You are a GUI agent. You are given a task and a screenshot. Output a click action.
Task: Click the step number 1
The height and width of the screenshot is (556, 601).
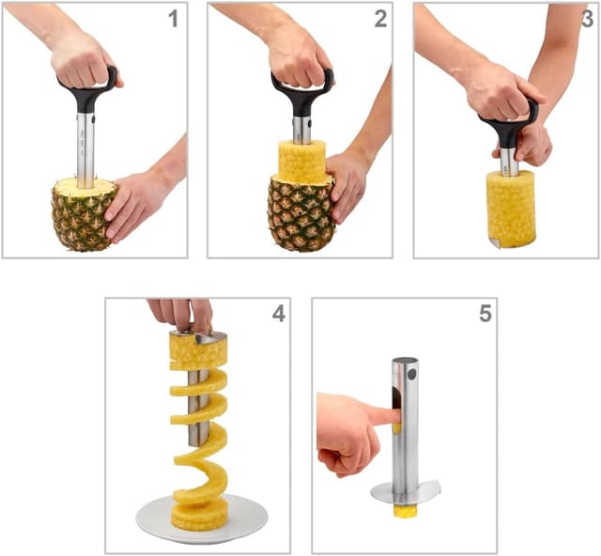click(173, 19)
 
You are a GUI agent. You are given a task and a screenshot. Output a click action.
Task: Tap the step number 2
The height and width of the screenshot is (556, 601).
click(379, 19)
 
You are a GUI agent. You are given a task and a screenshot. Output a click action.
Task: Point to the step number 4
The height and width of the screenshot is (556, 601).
click(278, 314)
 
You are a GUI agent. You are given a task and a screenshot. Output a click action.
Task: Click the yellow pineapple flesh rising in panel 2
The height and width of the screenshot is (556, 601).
click(300, 162)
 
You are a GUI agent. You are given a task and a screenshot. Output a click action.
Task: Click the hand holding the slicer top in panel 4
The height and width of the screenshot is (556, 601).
click(180, 314)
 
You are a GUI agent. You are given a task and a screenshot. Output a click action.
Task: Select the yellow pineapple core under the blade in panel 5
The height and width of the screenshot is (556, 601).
click(404, 512)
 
